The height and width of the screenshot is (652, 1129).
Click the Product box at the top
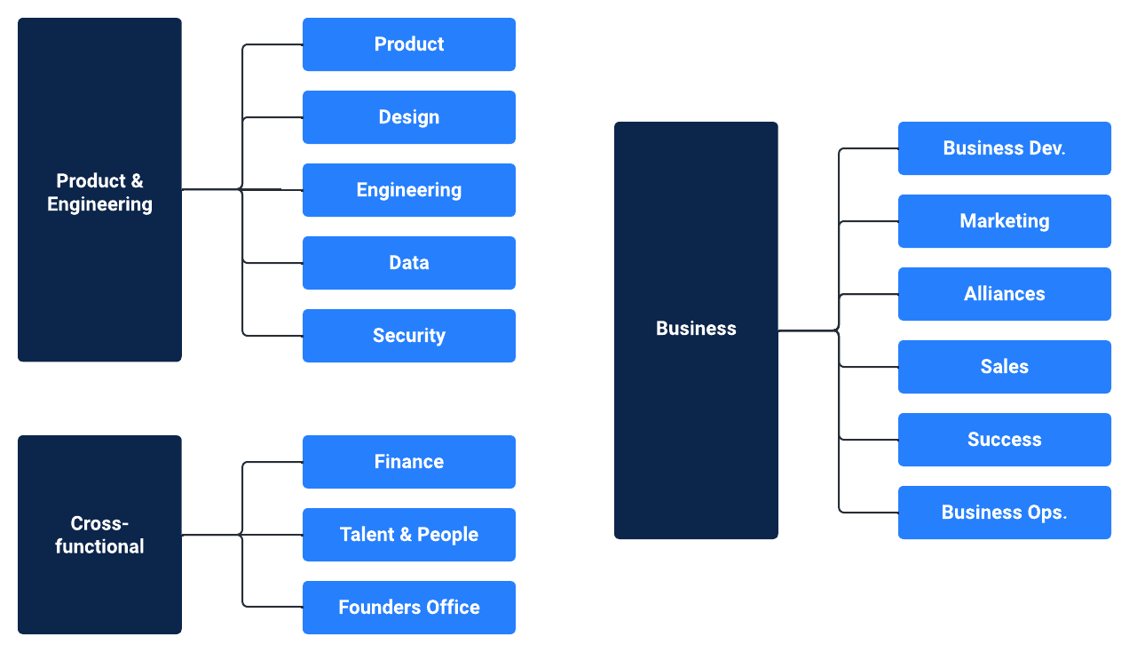tap(409, 44)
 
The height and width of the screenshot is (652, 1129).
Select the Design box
tap(409, 117)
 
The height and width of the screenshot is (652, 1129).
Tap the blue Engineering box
tap(409, 190)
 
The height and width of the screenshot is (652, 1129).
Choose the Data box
tap(409, 263)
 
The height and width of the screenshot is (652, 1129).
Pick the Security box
tap(409, 336)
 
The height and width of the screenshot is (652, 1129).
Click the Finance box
tap(409, 462)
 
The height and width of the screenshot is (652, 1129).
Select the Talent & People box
tap(409, 535)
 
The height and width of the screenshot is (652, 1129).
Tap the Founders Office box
tap(409, 608)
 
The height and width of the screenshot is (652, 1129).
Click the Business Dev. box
tap(1005, 148)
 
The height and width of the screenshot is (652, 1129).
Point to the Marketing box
tap(1005, 221)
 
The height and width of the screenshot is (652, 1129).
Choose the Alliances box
tap(1005, 294)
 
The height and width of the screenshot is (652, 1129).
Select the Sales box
tap(1005, 367)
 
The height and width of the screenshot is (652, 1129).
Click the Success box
tap(1005, 440)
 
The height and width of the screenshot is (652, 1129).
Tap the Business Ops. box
tap(1005, 513)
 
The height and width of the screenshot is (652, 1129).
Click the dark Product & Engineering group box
tap(99, 189)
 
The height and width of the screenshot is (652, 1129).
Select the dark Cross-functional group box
tap(99, 535)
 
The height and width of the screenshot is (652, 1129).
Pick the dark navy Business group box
tap(696, 330)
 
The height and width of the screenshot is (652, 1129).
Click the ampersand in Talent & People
tap(406, 535)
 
